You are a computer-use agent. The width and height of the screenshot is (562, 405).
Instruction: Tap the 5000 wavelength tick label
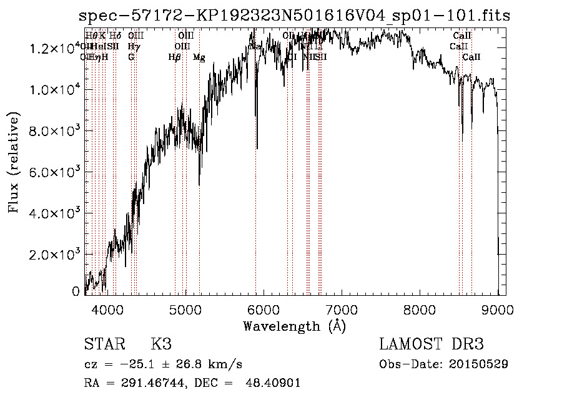(x=185, y=309)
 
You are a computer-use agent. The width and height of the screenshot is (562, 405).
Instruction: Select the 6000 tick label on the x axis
(x=264, y=309)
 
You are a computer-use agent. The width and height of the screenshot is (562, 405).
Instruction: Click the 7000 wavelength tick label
(x=342, y=309)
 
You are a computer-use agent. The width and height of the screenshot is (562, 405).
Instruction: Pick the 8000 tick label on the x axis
(x=420, y=309)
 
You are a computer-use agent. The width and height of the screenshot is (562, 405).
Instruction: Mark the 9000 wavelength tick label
(x=498, y=309)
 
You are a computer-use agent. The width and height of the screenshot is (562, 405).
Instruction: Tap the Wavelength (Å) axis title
(x=294, y=326)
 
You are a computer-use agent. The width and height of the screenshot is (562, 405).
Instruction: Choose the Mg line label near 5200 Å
(x=199, y=57)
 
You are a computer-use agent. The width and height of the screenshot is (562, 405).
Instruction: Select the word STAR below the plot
(x=104, y=345)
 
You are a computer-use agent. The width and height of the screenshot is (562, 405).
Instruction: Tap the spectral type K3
(x=161, y=345)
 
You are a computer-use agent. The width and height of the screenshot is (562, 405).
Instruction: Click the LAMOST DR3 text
(x=431, y=345)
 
